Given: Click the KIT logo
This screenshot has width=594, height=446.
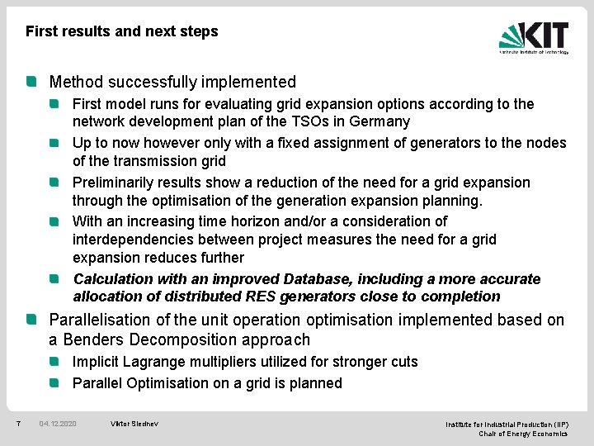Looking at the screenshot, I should click(x=534, y=37).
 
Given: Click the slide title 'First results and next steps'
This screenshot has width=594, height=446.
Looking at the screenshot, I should click(x=122, y=31).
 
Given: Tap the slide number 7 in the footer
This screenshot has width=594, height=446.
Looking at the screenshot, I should click(x=18, y=424).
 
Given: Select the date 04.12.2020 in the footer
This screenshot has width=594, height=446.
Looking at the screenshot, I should click(x=58, y=424).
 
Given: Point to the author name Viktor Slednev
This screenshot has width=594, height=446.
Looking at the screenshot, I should click(x=134, y=424).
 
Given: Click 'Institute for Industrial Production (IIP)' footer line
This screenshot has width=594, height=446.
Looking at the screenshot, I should click(x=507, y=424).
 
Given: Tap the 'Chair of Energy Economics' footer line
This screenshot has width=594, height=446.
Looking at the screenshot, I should click(x=523, y=434).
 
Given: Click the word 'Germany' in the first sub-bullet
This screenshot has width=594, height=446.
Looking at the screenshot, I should click(x=379, y=121).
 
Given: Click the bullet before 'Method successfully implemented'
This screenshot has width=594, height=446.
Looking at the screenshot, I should click(x=31, y=82).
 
